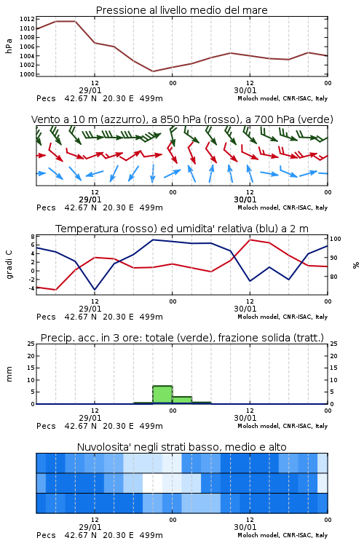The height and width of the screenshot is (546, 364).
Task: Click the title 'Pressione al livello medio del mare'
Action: pos(181,10)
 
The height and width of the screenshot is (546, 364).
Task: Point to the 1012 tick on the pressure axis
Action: pos(27,19)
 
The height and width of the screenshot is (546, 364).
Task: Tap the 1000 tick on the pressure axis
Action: pos(27,74)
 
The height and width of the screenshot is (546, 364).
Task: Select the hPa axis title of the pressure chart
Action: pos(9,46)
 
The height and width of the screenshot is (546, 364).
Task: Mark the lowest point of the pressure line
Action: pos(153,71)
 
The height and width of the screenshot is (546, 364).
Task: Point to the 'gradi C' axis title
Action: pos(9,264)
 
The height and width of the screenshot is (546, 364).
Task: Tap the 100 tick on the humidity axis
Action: pos(335,239)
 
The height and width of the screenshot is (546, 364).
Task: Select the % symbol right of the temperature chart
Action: pos(356,265)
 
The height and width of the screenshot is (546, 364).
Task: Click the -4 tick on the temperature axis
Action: pos(32,288)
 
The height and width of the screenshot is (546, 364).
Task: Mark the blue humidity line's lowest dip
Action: pos(95,289)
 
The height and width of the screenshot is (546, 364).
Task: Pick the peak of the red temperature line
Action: pos(250,240)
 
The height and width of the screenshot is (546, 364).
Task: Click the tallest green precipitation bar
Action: pos(162,395)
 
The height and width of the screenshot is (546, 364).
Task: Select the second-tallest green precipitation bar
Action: pos(182,400)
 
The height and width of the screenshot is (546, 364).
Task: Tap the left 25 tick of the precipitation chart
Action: pos(31,344)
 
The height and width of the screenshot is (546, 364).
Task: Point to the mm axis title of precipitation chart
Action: pos(9,373)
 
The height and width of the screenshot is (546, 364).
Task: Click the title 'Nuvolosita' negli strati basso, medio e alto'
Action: pos(181,447)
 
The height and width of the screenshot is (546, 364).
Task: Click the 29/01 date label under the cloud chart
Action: pos(90,527)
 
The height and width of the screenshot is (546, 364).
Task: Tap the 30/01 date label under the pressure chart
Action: pos(245,90)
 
